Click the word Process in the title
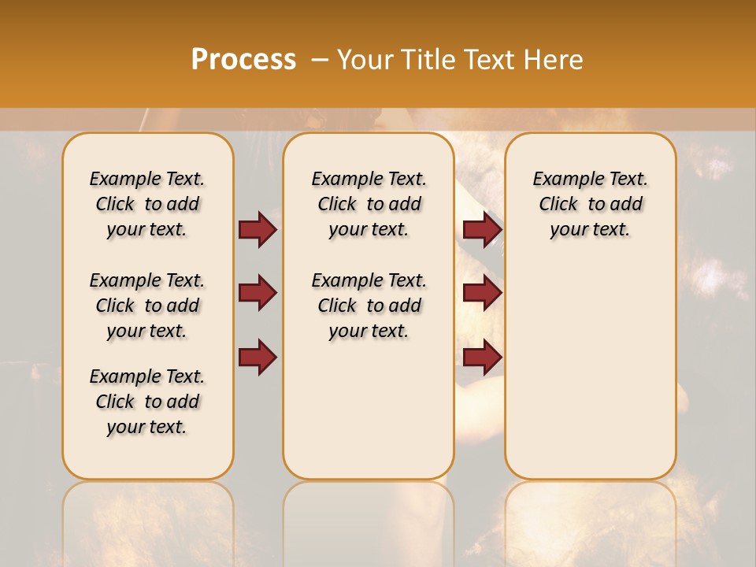[243, 60]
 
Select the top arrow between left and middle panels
[258, 229]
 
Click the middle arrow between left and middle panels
[258, 293]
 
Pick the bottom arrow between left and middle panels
[258, 358]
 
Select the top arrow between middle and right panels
[482, 229]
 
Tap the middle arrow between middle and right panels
[482, 293]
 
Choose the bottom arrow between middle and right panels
[482, 358]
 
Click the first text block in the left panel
[147, 204]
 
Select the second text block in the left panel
[147, 306]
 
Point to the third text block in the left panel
[147, 402]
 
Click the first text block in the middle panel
[369, 204]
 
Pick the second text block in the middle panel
[369, 306]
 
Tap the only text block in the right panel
[590, 204]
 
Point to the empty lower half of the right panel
[590, 370]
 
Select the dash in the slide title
[318, 60]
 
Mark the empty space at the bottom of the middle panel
[369, 417]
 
